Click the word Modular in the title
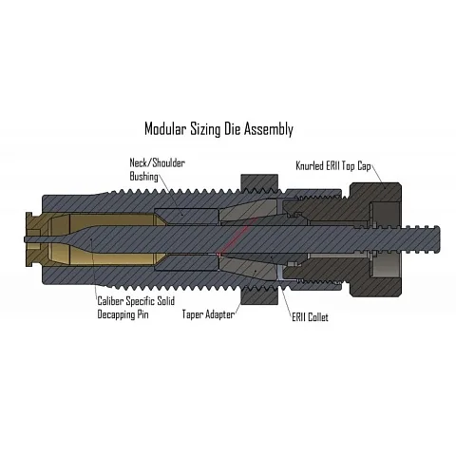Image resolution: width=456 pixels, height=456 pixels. coord(164,128)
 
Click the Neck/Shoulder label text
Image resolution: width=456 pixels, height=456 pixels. coord(157,162)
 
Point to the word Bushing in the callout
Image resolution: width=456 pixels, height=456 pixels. coord(143,177)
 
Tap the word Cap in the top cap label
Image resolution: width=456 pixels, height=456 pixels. coord(364,166)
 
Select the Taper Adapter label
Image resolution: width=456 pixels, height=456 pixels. coord(208,314)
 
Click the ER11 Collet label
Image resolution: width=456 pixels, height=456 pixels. coord(310,317)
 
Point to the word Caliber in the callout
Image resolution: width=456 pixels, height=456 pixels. coord(110,300)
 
